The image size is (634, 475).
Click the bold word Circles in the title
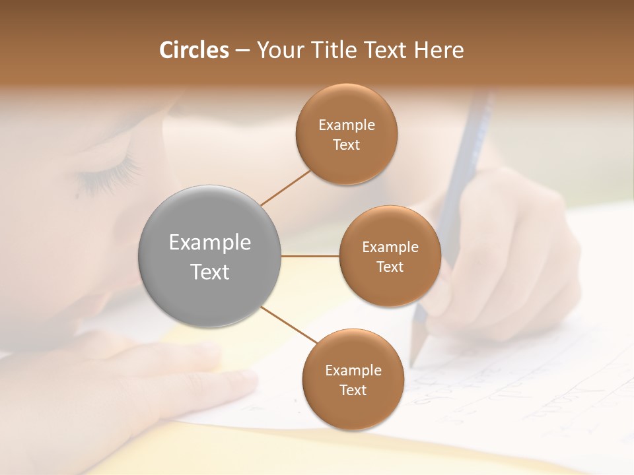(194, 50)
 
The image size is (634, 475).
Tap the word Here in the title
(439, 50)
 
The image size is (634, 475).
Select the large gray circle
(210, 256)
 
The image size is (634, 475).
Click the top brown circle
(346, 135)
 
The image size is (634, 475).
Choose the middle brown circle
(390, 256)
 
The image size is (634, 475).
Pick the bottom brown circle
(353, 379)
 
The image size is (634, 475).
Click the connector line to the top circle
(285, 187)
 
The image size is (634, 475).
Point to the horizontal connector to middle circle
(310, 256)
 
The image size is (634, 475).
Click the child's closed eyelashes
(109, 175)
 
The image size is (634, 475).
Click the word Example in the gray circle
(210, 243)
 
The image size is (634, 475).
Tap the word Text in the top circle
(346, 145)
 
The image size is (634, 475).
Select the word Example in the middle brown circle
(390, 247)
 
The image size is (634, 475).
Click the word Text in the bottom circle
(353, 390)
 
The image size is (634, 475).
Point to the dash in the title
(242, 50)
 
